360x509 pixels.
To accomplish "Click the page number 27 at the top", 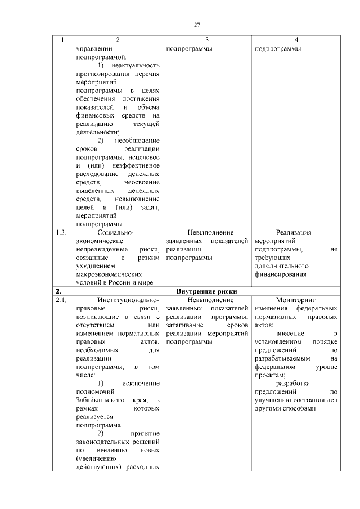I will pos(197,24).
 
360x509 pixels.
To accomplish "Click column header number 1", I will pos(62,39).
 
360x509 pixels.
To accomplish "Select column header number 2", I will pos(118,39).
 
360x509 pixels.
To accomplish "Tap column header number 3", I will pos(207,39).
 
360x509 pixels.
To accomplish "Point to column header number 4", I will pos(296,39).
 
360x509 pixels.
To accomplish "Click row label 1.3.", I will pos(61,232).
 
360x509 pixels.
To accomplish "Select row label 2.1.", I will pos(61,300).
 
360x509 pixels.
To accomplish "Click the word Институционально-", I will pos(128,300).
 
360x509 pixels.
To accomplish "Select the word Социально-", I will pos(116,232).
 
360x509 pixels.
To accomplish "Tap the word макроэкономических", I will pos(107,274).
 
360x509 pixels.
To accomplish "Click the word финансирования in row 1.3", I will pos(280,274).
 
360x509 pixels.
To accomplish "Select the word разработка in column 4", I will pos(294,383).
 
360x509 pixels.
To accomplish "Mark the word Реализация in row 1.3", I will pos(294,232).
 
